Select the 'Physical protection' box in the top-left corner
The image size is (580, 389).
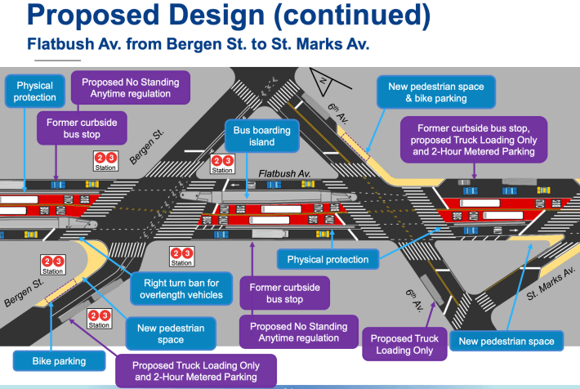tap(34, 92)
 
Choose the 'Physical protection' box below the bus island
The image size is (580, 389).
tap(328, 260)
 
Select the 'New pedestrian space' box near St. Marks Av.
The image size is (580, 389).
tap(506, 342)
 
